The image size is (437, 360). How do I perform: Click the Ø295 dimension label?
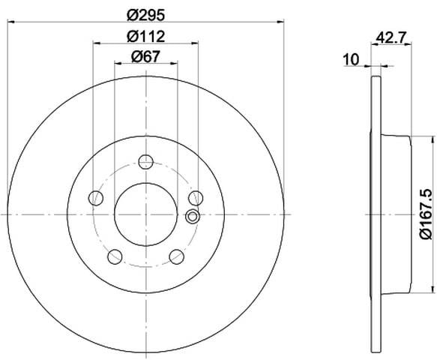(x=145, y=15)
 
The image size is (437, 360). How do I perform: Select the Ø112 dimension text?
(x=145, y=36)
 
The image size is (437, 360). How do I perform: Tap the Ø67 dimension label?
(x=145, y=56)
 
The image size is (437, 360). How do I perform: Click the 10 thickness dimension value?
(x=352, y=59)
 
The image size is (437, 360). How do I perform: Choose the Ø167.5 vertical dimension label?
(x=426, y=214)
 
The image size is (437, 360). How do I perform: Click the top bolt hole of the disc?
(x=145, y=161)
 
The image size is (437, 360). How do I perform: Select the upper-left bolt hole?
(x=96, y=198)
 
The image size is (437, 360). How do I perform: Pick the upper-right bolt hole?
(x=196, y=198)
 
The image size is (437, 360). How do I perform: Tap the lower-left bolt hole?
(x=115, y=256)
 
